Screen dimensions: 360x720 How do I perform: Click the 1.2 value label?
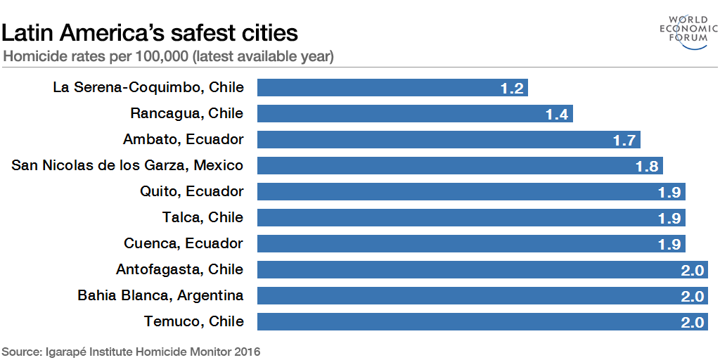[x=512, y=88]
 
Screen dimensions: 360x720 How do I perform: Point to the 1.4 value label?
[x=556, y=114]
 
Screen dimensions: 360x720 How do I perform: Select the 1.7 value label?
[x=624, y=140]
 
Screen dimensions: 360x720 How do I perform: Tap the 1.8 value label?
[x=647, y=166]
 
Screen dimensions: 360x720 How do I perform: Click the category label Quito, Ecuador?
[x=191, y=191]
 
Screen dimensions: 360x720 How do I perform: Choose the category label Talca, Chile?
[x=202, y=217]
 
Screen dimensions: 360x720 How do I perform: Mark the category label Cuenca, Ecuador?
[x=184, y=243]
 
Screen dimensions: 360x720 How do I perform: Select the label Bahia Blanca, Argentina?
[x=160, y=295]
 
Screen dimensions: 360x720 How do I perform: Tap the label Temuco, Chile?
[x=193, y=321]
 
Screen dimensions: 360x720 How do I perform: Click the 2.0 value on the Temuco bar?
[x=693, y=322]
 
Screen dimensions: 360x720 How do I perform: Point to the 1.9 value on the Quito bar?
[x=669, y=192]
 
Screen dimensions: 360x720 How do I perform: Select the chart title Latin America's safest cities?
[x=150, y=32]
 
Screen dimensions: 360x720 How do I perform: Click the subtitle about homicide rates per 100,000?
[x=169, y=56]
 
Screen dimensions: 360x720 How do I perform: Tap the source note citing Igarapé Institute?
[x=131, y=351]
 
